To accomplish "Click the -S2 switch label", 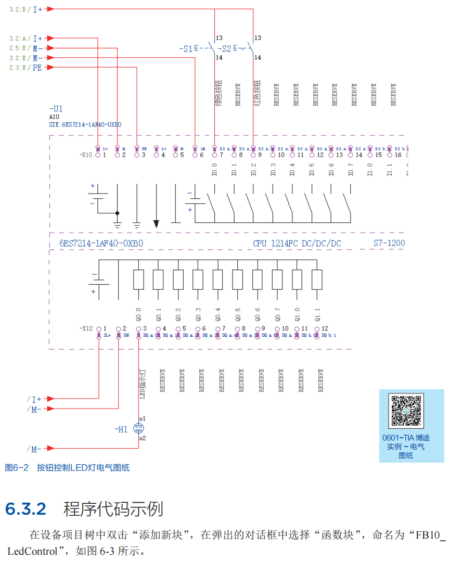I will [x=225, y=48].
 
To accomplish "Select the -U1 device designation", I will [x=56, y=109].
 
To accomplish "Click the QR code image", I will [x=406, y=412].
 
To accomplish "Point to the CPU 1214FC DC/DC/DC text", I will [x=297, y=243].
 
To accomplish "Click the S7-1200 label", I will [x=389, y=243].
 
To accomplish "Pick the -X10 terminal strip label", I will [x=86, y=155].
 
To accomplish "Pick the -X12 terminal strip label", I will [x=86, y=328].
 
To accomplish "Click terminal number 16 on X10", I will [x=398, y=155].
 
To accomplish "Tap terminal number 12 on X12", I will [x=325, y=328].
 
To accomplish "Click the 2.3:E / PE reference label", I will [x=26, y=68].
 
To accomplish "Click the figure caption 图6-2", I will [x=17, y=467].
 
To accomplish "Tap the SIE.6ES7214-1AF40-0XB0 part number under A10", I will [x=85, y=125].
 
